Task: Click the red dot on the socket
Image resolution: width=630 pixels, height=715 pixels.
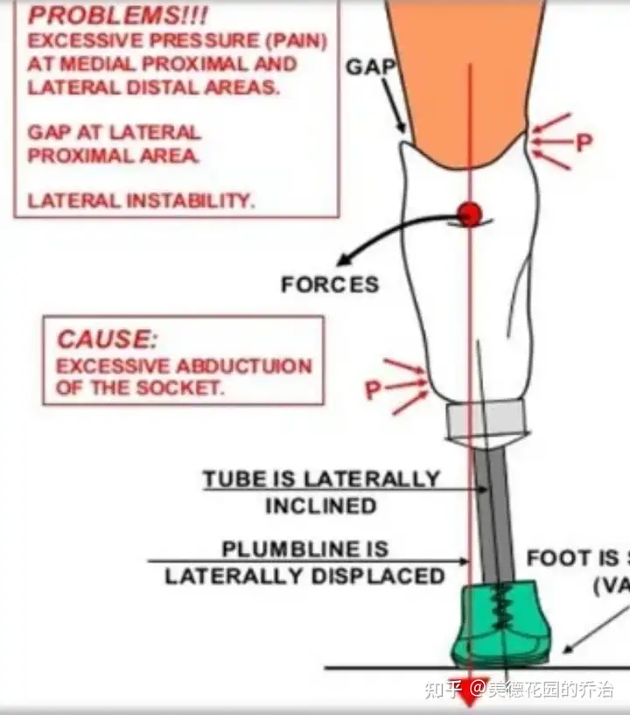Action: click(x=470, y=214)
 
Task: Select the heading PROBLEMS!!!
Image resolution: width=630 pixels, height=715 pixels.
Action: click(x=99, y=17)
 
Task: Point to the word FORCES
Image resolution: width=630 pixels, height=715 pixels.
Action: click(x=330, y=284)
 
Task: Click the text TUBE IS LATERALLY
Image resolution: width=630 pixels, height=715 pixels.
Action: click(x=321, y=480)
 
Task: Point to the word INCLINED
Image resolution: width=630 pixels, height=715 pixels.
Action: click(x=320, y=506)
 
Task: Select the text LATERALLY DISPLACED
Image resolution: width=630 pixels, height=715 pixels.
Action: click(x=304, y=576)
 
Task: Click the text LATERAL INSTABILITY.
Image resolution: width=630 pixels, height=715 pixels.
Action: click(x=141, y=200)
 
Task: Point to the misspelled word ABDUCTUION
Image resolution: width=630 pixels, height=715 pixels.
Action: click(x=244, y=365)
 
